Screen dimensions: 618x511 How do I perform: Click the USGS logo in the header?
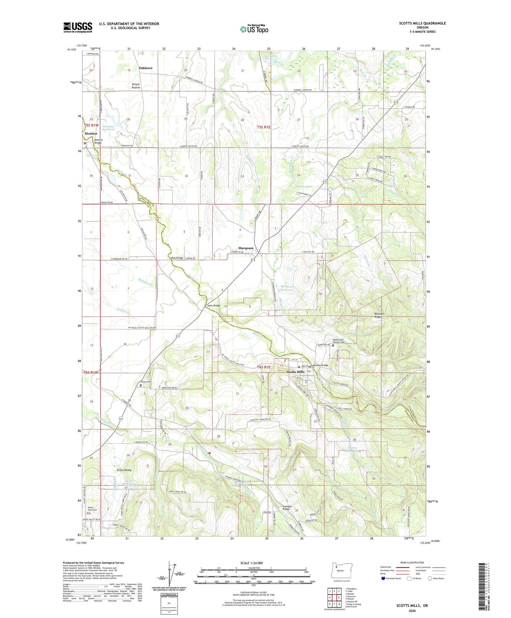click(78, 27)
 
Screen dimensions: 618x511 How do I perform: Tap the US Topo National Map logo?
click(254, 29)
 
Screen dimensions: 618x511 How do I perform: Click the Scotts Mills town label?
click(295, 372)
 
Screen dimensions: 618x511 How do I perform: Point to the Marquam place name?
click(246, 248)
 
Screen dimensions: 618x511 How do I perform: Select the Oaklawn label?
click(145, 68)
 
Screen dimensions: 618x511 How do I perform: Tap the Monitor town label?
click(91, 134)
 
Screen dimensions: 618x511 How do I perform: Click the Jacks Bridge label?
click(214, 305)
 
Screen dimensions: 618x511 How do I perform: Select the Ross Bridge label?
click(177, 258)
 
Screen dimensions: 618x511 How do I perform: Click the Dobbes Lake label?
click(304, 186)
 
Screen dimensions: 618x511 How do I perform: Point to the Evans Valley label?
click(124, 470)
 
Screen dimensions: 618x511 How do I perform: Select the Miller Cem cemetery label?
click(145, 381)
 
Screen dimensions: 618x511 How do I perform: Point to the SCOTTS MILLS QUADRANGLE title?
click(422, 23)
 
